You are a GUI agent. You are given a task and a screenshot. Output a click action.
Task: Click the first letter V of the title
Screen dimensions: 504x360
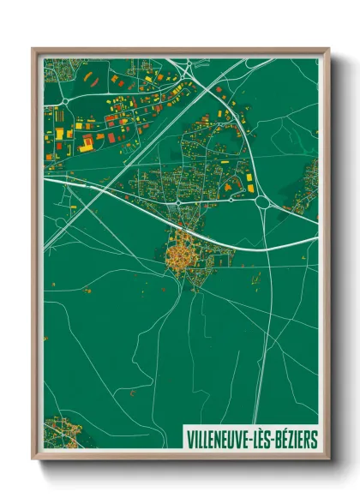pyautogui.click(x=189, y=439)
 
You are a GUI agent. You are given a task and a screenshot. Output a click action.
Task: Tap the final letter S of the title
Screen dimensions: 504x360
pyautogui.click(x=314, y=439)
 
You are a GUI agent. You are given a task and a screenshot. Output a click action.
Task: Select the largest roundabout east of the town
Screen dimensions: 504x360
pyautogui.click(x=261, y=202)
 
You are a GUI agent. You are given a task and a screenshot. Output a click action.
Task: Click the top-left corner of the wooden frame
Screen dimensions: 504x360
pyautogui.click(x=33, y=49)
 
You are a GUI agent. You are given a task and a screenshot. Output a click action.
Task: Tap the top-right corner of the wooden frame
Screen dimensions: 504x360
pyautogui.click(x=328, y=49)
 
